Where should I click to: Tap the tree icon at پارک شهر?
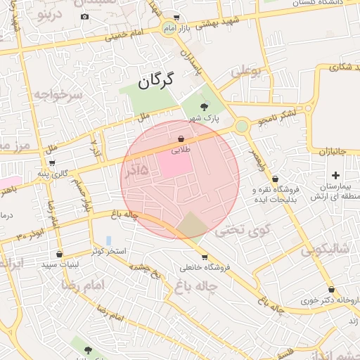204,107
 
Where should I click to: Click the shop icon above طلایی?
181,139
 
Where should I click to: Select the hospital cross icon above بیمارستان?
335,175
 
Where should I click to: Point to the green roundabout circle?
242,126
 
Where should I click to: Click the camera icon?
85,16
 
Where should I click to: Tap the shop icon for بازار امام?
176,18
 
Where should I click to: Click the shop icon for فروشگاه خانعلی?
205,257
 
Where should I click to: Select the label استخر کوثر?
108,251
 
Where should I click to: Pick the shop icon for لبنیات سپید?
58,254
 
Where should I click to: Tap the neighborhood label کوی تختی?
233,229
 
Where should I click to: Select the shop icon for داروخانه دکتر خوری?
331,289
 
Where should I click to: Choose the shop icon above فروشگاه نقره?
274,179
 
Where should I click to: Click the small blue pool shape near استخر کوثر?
108,240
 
